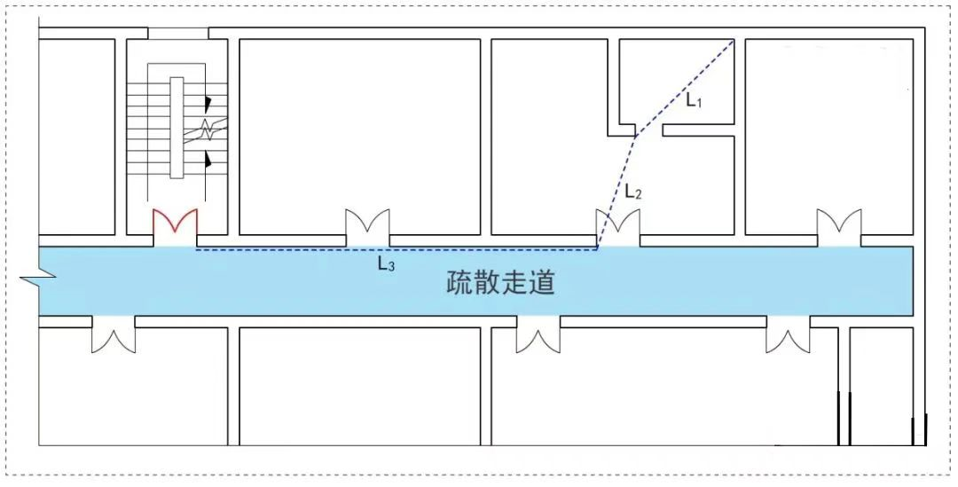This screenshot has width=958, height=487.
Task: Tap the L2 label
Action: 632,191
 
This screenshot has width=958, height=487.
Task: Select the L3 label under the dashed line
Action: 385,263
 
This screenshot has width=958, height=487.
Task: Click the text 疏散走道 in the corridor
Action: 500,283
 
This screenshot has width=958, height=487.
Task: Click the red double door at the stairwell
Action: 175,226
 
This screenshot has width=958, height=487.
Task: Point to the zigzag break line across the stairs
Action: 207,130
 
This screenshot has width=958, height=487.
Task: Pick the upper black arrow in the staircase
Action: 208,103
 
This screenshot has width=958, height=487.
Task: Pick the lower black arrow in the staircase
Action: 208,160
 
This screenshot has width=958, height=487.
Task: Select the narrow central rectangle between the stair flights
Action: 177,128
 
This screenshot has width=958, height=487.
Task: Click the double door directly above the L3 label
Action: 367,227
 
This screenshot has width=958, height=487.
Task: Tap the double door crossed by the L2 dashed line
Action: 617,227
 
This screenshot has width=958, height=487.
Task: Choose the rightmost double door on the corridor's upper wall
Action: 839,227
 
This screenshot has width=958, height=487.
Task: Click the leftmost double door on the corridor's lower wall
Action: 114,335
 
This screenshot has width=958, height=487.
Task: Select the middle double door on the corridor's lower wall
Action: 538,335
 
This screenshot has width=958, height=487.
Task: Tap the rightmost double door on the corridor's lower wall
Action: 789,335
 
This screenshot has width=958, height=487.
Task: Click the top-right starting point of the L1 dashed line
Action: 734,40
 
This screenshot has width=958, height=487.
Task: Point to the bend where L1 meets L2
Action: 635,137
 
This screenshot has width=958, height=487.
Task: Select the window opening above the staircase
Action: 177,33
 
